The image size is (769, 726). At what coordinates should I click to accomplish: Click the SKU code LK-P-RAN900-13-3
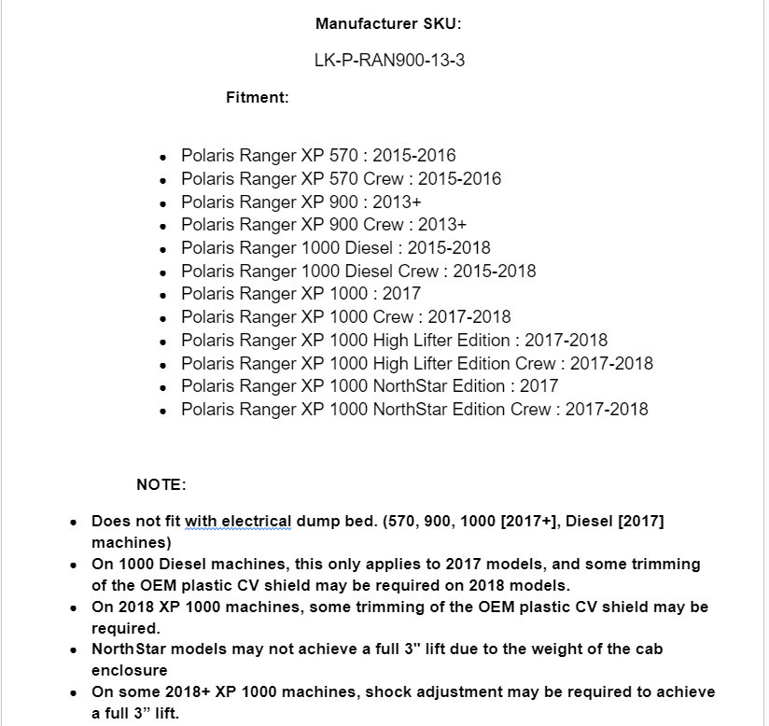(x=389, y=61)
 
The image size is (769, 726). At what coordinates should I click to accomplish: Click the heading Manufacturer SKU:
(x=388, y=23)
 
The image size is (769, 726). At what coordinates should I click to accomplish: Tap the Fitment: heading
(x=257, y=97)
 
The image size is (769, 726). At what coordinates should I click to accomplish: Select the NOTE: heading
(x=161, y=484)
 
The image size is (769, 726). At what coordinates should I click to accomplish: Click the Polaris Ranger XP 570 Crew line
(x=341, y=178)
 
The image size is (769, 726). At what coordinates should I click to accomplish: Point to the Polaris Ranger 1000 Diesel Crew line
(x=358, y=271)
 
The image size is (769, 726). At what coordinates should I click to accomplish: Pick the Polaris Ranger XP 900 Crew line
(x=323, y=225)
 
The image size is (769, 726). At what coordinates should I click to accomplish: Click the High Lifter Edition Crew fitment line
(x=416, y=363)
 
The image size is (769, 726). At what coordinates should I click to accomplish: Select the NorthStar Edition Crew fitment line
(x=414, y=409)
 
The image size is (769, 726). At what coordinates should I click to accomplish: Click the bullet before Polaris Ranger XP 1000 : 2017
(x=163, y=295)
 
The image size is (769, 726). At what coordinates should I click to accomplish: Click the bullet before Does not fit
(x=74, y=523)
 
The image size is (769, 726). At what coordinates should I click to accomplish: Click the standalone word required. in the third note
(x=126, y=628)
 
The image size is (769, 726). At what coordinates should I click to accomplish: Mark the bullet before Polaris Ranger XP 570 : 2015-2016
(x=163, y=157)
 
